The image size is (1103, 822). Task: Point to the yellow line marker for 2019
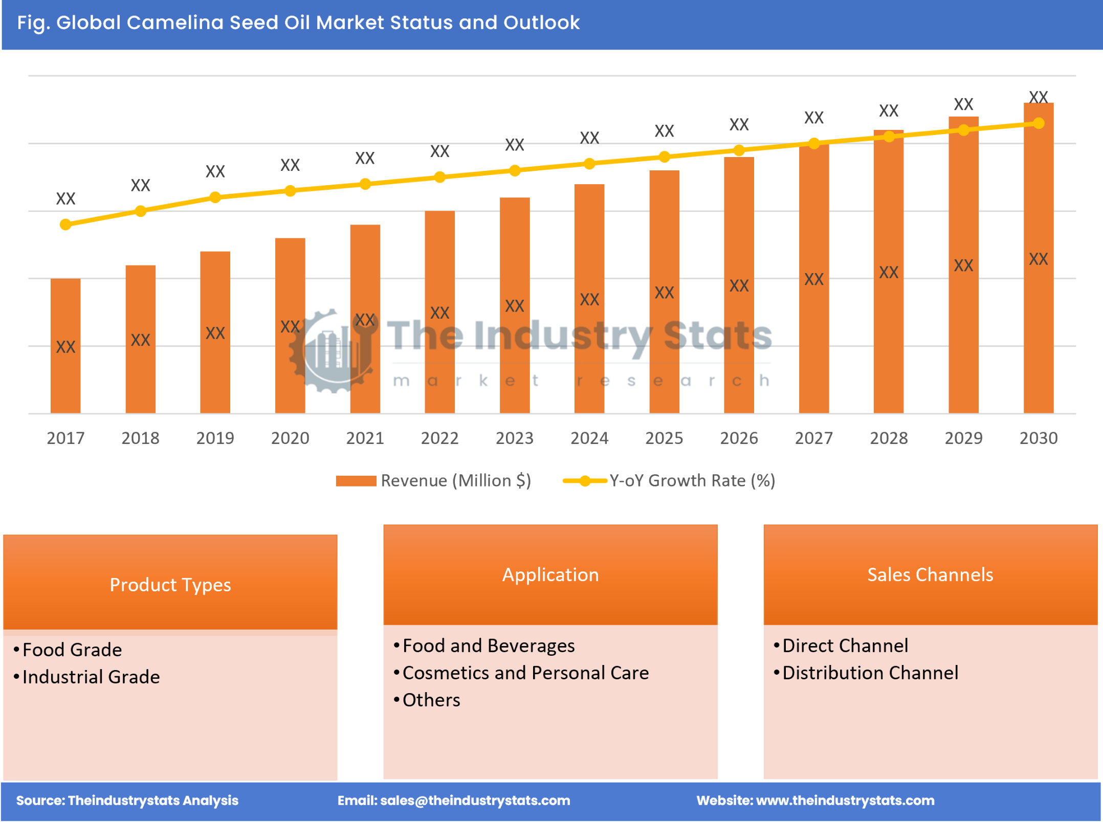215,197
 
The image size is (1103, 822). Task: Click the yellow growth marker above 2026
739,150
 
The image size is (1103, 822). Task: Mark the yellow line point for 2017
65,225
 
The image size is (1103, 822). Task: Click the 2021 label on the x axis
365,438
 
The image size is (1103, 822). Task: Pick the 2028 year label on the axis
889,438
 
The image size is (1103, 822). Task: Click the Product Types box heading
170,585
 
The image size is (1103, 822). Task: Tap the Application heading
550,574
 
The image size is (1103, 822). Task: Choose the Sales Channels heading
930,574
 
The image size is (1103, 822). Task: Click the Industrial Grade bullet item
91,677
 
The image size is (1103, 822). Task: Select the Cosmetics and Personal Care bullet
525,673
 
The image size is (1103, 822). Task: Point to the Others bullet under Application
431,700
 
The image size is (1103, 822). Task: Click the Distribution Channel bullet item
870,673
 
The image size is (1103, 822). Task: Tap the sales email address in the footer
475,801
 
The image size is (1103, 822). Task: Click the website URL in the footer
845,801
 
